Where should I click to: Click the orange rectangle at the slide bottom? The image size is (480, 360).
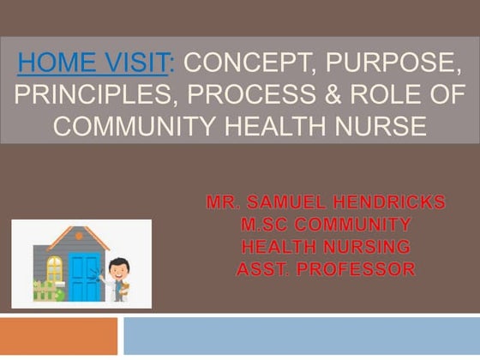58,336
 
